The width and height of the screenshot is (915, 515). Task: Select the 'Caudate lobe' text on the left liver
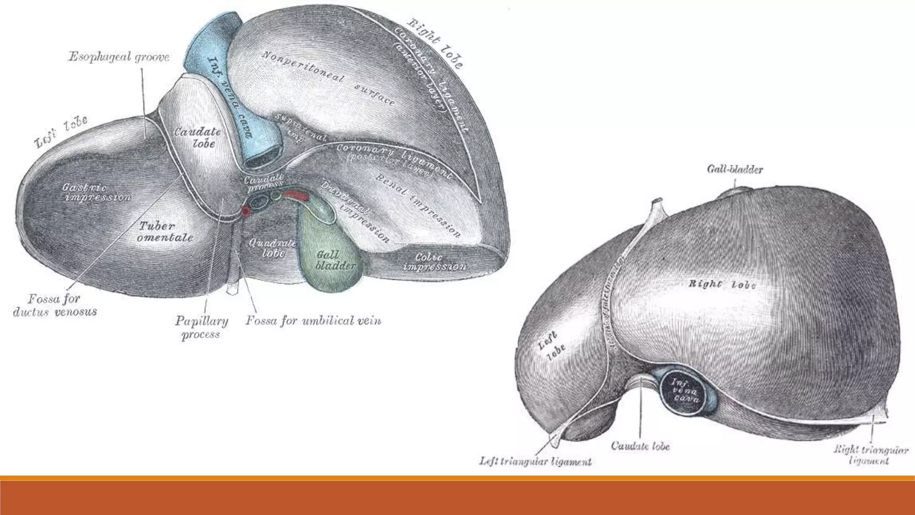click(197, 137)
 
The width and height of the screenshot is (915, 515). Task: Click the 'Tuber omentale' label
click(164, 232)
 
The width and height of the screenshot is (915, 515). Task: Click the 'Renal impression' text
click(418, 206)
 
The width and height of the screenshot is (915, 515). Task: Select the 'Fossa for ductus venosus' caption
click(55, 305)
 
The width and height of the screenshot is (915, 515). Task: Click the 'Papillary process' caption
click(201, 327)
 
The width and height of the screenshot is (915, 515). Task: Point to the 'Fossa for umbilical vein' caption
click(313, 321)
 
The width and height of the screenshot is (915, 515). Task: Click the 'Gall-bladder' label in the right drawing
click(735, 169)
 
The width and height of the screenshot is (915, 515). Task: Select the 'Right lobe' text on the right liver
click(722, 284)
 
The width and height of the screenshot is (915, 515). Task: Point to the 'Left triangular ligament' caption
click(535, 461)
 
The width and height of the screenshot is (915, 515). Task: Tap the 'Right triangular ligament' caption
click(871, 455)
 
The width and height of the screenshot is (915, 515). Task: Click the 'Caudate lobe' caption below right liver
click(640, 446)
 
